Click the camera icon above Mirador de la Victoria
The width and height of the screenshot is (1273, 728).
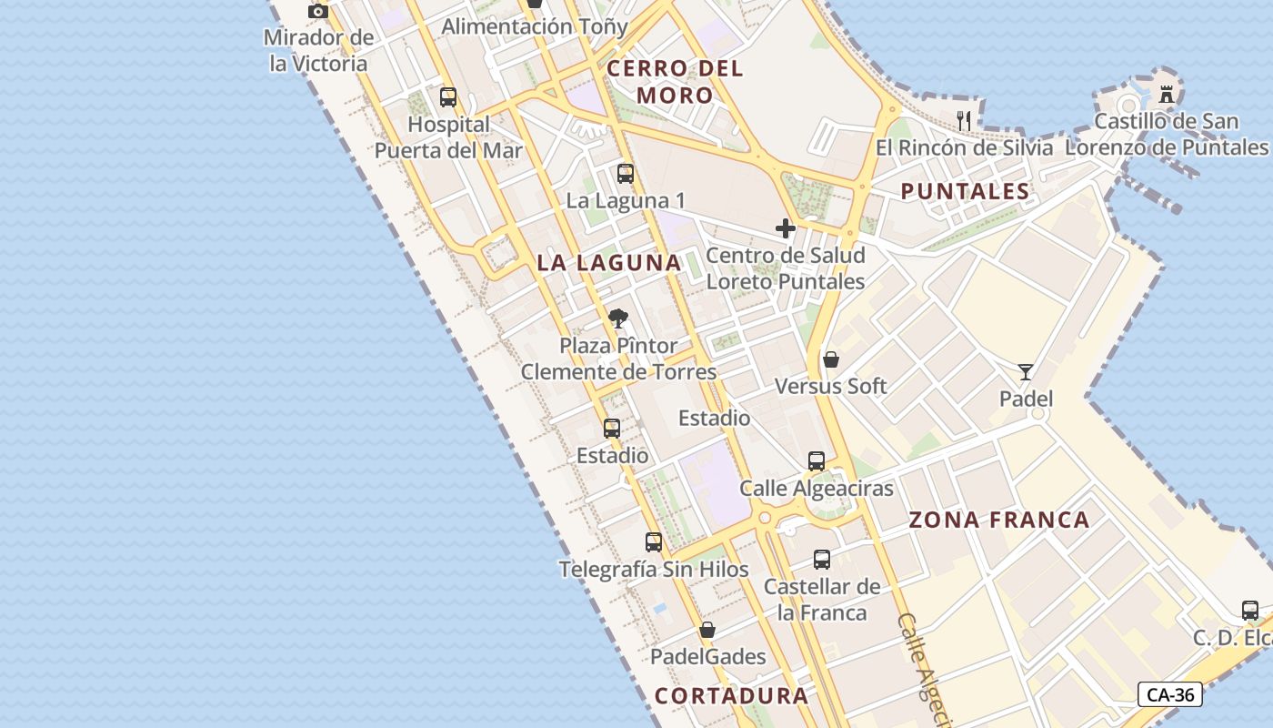[317, 12]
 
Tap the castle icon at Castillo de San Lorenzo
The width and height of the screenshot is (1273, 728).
[1166, 93]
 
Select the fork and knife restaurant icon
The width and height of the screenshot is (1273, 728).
[964, 120]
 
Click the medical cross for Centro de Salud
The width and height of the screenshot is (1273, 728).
[786, 228]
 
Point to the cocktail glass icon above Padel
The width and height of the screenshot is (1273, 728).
[1026, 371]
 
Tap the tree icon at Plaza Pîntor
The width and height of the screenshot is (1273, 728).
[618, 318]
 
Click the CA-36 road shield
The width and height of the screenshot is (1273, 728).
[1170, 694]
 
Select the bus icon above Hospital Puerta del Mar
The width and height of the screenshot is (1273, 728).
[447, 97]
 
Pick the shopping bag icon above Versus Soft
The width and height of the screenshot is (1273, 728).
[830, 359]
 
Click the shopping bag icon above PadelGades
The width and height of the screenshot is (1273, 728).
[707, 630]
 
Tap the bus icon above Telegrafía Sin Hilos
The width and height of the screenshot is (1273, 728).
[653, 542]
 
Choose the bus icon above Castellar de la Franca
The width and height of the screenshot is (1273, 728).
[822, 560]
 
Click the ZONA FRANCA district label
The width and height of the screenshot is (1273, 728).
[999, 520]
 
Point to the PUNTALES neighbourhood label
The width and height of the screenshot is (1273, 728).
[965, 191]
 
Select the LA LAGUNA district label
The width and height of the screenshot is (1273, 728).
[608, 263]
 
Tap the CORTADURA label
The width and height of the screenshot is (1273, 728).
[731, 696]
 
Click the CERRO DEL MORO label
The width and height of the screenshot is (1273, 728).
[675, 81]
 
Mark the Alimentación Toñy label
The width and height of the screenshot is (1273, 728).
[535, 26]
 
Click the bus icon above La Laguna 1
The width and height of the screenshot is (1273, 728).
[626, 174]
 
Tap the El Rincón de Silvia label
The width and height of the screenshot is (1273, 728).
[964, 147]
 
